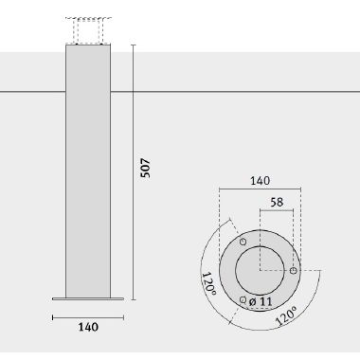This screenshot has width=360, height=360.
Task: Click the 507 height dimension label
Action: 146,169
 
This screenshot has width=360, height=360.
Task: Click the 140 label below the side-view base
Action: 88,327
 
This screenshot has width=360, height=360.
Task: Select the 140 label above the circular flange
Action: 261,181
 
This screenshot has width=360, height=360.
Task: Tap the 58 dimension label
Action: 277,202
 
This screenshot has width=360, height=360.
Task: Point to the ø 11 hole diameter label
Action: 261,301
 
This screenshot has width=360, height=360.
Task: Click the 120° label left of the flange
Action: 209,283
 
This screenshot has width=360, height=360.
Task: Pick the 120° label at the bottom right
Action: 287,315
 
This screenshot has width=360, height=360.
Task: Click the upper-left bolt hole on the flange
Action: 243,242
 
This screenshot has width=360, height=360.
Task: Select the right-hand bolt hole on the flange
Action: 293,271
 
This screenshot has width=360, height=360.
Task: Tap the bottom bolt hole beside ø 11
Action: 243,299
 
